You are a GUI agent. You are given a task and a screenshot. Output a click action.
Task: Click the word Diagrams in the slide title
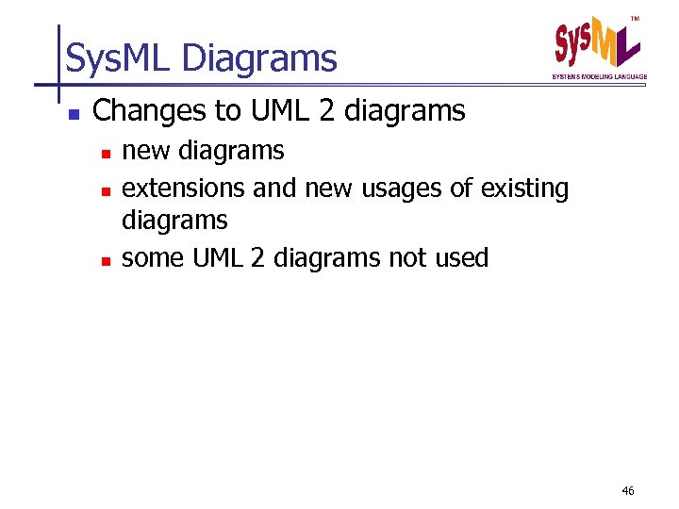coord(259,59)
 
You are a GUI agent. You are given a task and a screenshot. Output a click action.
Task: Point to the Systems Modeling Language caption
coord(600,76)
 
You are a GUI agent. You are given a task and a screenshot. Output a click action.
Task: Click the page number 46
coord(629,491)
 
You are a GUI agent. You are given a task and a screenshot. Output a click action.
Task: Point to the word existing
coord(524,189)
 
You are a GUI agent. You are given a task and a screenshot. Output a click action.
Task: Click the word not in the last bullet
coord(406,257)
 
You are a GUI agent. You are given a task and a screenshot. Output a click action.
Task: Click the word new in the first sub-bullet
coord(147,151)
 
